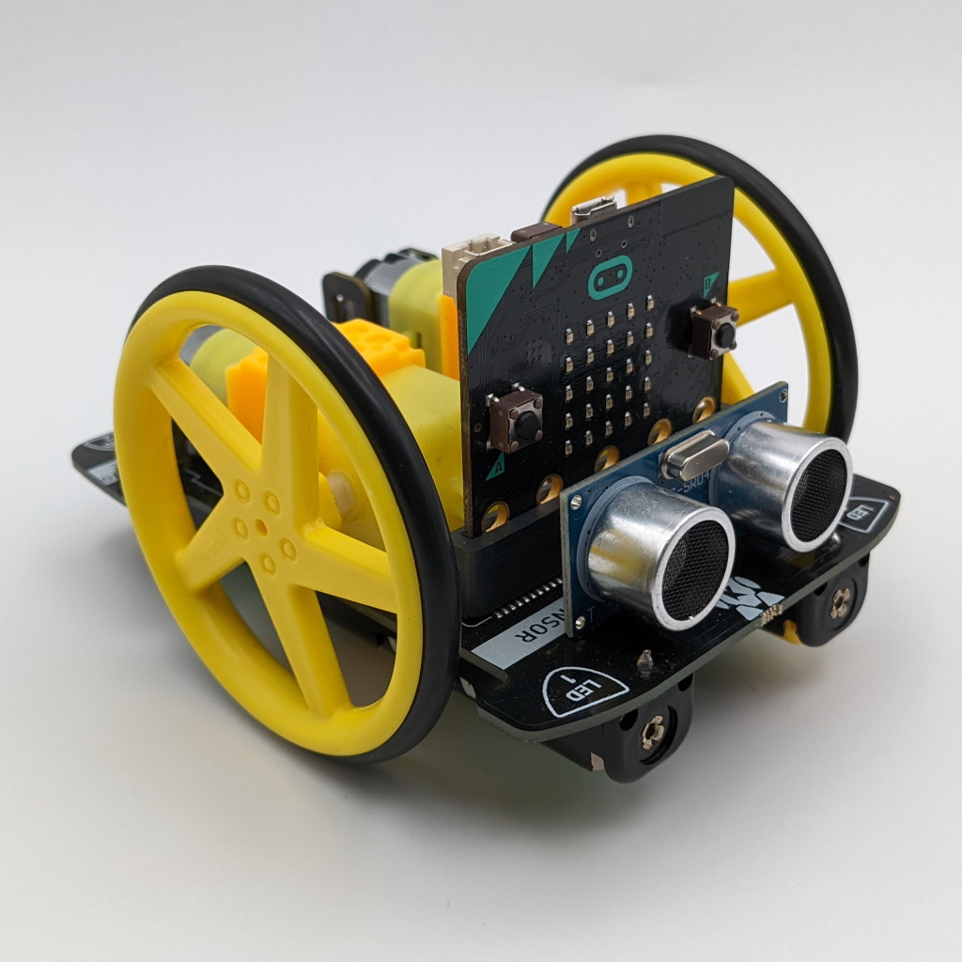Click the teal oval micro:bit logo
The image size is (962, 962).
[610, 277]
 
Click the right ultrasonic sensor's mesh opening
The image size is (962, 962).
[817, 487]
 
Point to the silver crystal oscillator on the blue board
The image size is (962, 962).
[694, 456]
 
